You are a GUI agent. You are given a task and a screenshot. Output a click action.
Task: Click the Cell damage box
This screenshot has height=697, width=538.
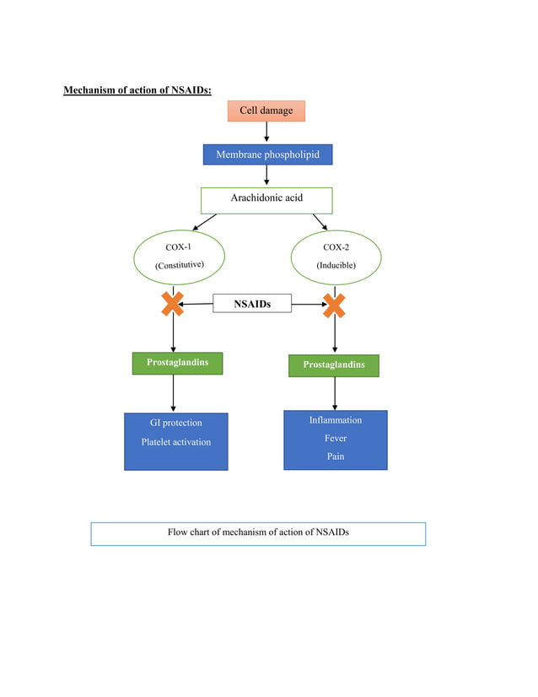click(266, 111)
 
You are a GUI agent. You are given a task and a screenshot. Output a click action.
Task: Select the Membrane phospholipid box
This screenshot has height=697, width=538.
click(267, 154)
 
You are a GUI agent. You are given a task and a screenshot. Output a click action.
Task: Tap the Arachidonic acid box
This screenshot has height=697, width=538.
click(266, 199)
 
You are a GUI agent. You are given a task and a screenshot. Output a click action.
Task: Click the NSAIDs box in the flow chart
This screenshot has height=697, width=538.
click(252, 304)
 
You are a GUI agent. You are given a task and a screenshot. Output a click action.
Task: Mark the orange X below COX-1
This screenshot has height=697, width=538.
click(173, 305)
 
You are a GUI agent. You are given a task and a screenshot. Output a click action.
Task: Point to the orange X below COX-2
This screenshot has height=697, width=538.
click(335, 305)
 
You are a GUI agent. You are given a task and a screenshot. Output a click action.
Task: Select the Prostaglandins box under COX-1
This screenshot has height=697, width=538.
click(177, 363)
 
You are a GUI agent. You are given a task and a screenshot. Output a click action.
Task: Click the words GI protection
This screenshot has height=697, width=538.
click(170, 423)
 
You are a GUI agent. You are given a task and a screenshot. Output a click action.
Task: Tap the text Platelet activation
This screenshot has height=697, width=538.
click(175, 442)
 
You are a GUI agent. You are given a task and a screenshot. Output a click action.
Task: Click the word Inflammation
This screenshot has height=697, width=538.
click(335, 420)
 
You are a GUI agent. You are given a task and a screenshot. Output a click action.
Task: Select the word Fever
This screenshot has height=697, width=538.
click(336, 439)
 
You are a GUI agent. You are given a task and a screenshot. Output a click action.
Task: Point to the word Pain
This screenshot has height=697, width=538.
click(336, 457)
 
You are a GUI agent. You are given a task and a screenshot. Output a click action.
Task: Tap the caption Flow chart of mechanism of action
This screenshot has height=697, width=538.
click(258, 532)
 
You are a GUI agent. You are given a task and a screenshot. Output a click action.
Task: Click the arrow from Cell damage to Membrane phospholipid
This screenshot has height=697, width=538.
click(266, 132)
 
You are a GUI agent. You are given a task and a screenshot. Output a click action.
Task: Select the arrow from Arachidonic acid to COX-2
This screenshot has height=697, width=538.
click(320, 221)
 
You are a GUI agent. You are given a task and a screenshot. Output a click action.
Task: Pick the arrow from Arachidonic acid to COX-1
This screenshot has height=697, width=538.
click(205, 221)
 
